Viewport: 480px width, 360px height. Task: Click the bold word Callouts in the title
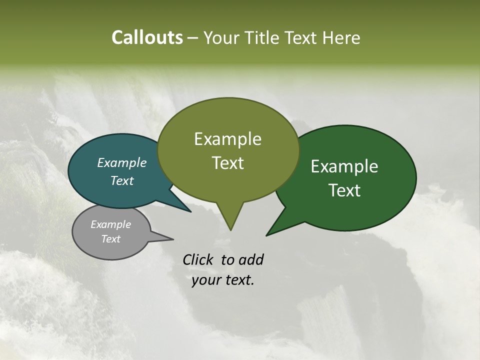point(147,37)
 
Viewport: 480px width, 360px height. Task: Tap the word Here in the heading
point(341,37)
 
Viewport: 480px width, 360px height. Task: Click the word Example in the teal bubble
point(121,162)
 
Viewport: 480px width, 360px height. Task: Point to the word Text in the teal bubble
point(121,180)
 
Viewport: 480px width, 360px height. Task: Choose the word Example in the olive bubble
point(227,139)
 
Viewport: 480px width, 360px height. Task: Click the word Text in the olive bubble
point(227,163)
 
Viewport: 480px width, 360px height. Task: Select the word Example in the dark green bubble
point(344,166)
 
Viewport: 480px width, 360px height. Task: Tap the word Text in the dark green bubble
point(344,190)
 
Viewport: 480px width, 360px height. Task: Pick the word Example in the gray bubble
point(110,224)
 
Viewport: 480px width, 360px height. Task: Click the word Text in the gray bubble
point(110,239)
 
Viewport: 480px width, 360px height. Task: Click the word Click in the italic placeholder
point(198,260)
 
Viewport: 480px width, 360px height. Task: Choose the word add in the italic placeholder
point(250,260)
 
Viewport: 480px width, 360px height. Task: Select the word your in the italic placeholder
point(205,280)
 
